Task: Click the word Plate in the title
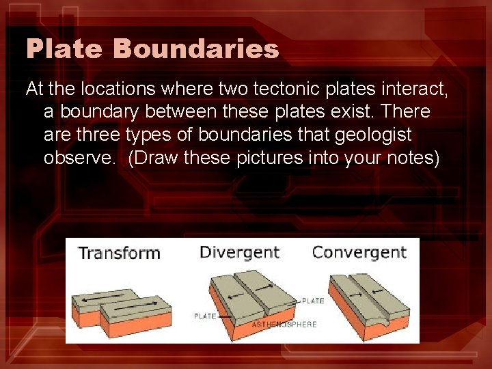pyautogui.click(x=63, y=49)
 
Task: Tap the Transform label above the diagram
pyautogui.click(x=120, y=253)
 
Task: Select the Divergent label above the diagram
pyautogui.click(x=239, y=252)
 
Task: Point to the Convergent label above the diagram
pyautogui.click(x=359, y=252)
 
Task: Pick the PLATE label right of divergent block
pyautogui.click(x=313, y=301)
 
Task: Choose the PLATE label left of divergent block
pyautogui.click(x=205, y=316)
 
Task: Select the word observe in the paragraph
pyautogui.click(x=80, y=157)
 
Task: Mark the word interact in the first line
pyautogui.click(x=404, y=88)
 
